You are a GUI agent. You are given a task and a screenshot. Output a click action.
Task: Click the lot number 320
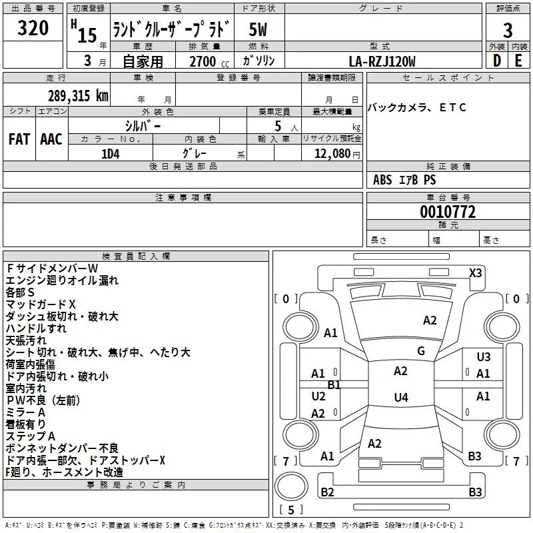(x=33, y=28)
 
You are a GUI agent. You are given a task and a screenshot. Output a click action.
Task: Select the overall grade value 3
(x=508, y=31)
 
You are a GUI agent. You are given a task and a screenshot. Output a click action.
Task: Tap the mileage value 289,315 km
(x=78, y=96)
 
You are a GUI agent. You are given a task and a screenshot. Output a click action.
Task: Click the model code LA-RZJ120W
(x=382, y=61)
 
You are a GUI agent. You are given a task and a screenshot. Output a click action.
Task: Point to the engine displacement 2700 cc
(x=209, y=61)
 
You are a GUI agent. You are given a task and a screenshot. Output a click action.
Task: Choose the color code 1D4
(x=111, y=154)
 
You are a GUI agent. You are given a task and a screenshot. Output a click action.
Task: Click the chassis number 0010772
(x=448, y=212)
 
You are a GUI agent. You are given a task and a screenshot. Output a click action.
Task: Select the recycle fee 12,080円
(x=337, y=154)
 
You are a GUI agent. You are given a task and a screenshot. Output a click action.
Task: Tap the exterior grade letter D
(x=496, y=61)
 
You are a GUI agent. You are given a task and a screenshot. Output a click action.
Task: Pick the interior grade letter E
(x=518, y=61)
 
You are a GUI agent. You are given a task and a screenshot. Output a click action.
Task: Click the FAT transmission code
(x=19, y=139)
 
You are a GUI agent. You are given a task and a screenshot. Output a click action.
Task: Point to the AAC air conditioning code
(x=51, y=139)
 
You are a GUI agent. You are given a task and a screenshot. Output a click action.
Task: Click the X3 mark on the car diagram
(x=475, y=273)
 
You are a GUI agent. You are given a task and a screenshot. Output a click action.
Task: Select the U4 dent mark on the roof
(x=401, y=397)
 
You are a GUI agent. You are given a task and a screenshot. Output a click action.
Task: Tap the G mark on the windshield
(x=421, y=351)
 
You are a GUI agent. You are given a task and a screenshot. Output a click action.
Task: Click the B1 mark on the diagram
(x=334, y=385)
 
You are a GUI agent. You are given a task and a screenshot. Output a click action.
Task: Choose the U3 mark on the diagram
(x=484, y=356)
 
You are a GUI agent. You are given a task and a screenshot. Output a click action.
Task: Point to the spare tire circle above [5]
(x=291, y=486)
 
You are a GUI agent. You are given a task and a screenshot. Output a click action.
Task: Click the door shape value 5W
(x=258, y=29)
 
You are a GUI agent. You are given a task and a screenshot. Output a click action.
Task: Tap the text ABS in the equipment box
(x=382, y=180)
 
